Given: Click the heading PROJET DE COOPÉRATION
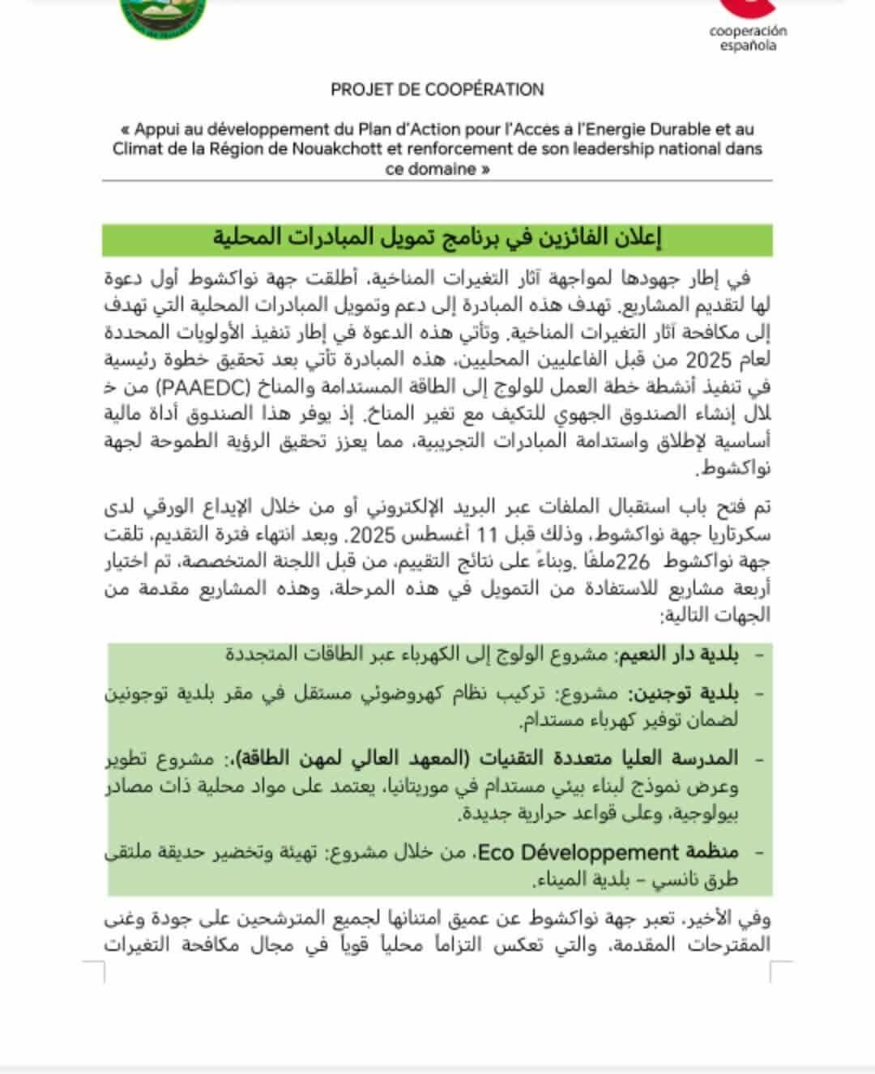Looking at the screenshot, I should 437,90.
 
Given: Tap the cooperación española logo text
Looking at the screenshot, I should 748,38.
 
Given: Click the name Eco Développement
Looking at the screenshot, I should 577,853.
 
